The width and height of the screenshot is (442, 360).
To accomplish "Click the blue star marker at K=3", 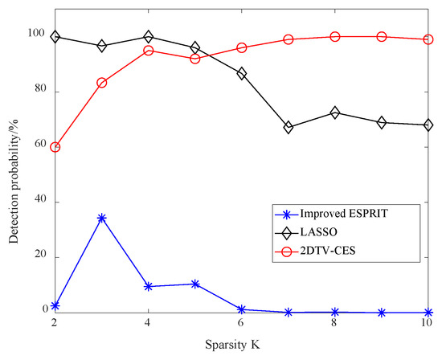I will [101, 218].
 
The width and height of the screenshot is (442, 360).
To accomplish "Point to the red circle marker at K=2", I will [55, 147].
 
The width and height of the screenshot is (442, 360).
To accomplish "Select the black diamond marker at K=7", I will [289, 127].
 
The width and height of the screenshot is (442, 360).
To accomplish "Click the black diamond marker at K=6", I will [242, 73].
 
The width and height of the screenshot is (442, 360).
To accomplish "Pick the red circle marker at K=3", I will [101, 83].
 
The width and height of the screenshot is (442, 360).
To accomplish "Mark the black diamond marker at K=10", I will [428, 125].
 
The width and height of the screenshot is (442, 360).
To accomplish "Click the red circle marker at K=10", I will [428, 39].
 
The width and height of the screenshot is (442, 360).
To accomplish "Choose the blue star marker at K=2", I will [55, 305].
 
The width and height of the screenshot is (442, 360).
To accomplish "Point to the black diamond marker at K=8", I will [335, 112].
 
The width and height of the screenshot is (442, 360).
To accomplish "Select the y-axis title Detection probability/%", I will [14, 161].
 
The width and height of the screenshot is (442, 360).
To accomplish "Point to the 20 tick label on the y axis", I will [38, 256].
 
